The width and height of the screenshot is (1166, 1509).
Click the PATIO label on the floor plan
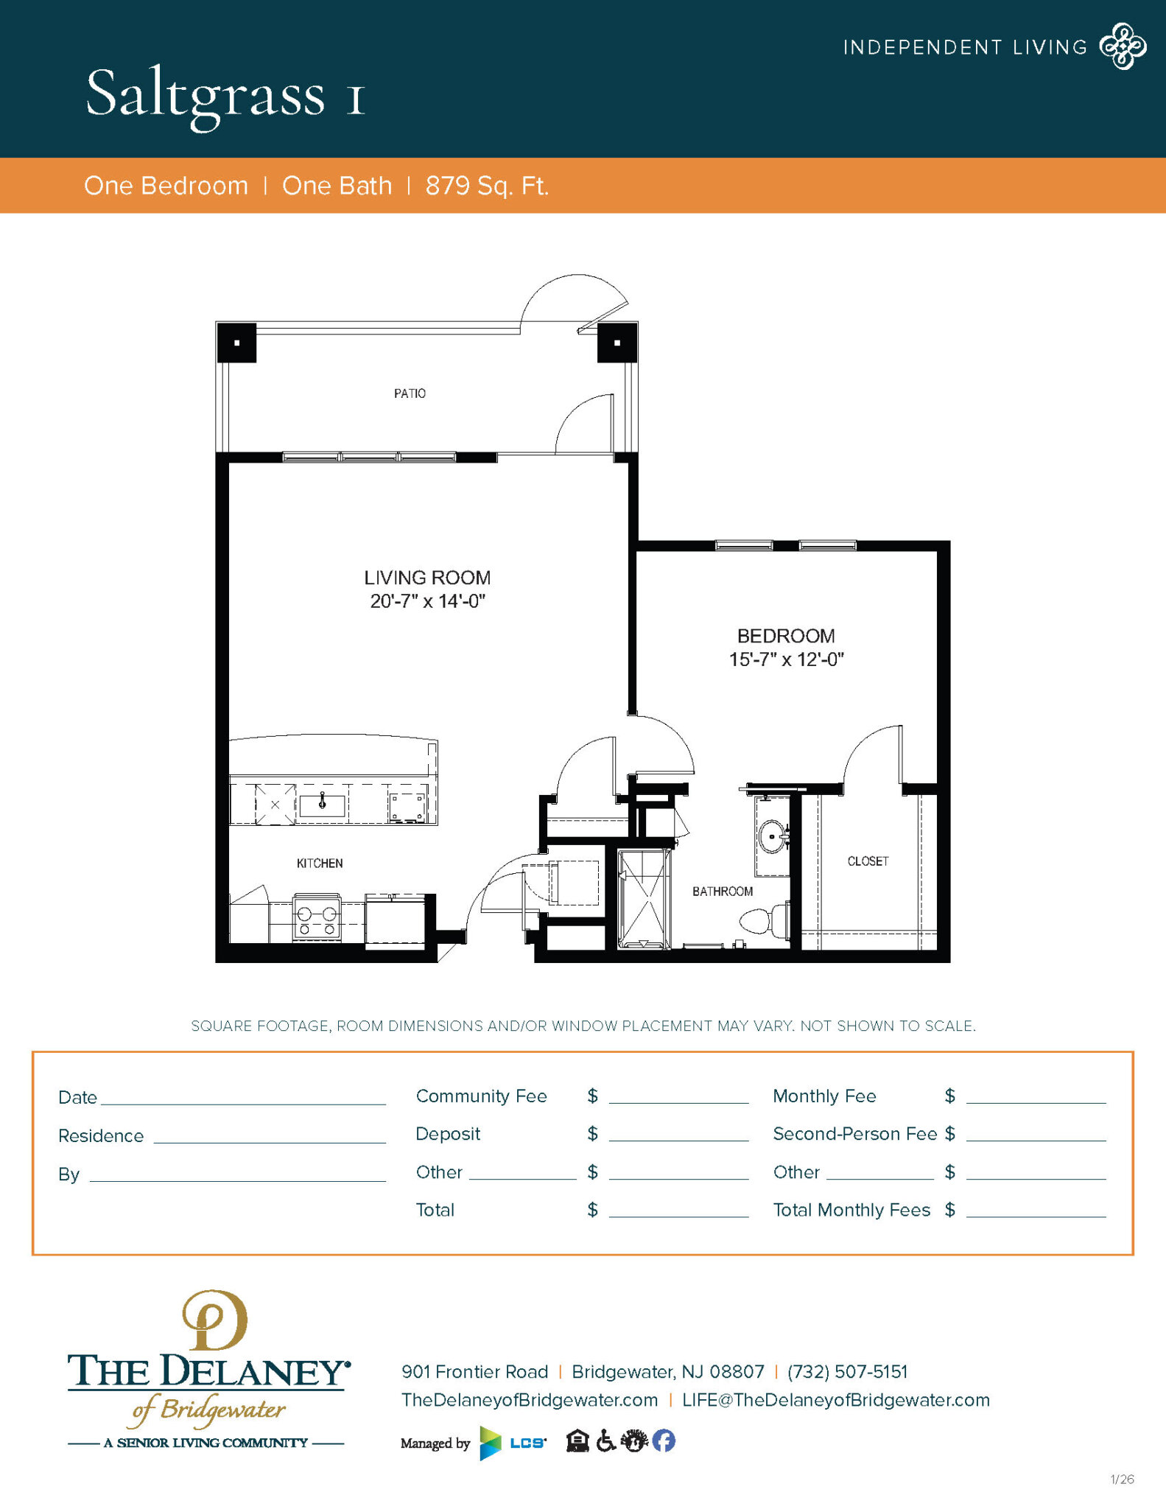click(x=410, y=393)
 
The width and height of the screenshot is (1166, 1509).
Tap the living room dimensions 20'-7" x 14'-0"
click(x=427, y=601)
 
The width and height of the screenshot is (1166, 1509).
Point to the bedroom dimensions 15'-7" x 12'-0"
click(x=786, y=659)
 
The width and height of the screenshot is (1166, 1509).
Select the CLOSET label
click(x=868, y=861)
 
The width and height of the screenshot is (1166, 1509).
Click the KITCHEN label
click(x=320, y=864)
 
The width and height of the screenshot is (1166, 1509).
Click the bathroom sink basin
click(x=772, y=837)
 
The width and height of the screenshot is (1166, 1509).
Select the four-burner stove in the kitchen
click(x=317, y=917)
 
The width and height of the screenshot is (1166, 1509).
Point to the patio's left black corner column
click(x=236, y=343)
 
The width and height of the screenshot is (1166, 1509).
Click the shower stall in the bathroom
click(x=644, y=898)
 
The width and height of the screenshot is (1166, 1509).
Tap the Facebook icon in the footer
click(x=664, y=1440)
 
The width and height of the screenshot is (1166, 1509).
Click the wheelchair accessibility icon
click(x=605, y=1440)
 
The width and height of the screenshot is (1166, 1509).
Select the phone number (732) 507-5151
click(x=847, y=1371)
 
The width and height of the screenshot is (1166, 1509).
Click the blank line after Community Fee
click(x=678, y=1103)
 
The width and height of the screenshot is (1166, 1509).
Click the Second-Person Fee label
click(x=854, y=1134)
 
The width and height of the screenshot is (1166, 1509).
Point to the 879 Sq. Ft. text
click(x=487, y=186)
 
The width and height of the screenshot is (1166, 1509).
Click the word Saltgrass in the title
click(x=205, y=97)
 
